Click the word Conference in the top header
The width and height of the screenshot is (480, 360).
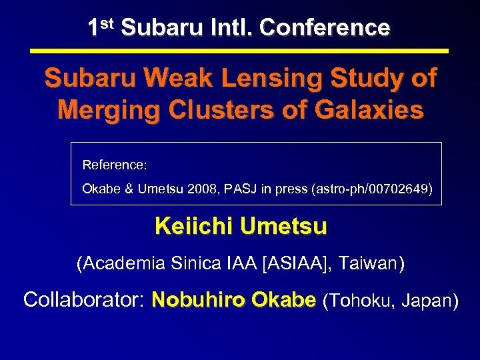(x=325, y=27)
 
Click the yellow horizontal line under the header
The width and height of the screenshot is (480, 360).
(x=240, y=51)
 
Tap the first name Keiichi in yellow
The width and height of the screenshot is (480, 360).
(x=194, y=227)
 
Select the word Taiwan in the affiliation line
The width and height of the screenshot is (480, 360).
(x=370, y=263)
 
